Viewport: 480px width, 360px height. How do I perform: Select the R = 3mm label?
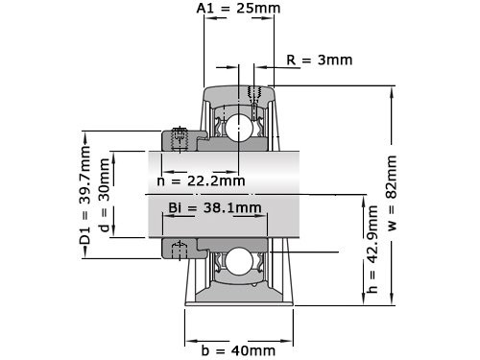coord(320,60)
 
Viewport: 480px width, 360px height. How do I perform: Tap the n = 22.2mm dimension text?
coord(200,180)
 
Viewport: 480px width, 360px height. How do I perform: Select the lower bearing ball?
coord(239,260)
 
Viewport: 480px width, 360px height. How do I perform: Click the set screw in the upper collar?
coord(180,138)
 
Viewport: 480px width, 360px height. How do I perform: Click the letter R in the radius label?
coord(291,60)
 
